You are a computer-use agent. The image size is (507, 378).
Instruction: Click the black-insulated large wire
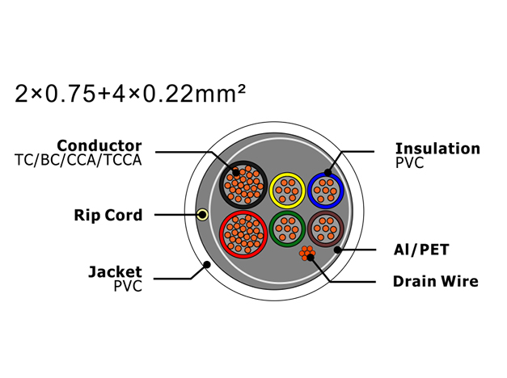coord(243,185)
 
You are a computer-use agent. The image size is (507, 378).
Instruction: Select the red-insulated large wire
coord(243,234)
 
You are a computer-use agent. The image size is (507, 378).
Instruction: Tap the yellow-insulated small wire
coord(287,191)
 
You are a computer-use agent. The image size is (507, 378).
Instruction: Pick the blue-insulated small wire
coord(326,191)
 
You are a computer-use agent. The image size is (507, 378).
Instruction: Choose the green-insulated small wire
coord(287,229)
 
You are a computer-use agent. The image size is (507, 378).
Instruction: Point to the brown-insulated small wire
coord(326,229)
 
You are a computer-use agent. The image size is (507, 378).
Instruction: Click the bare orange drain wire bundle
coord(306,254)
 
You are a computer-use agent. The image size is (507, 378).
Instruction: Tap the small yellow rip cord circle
coord(203,214)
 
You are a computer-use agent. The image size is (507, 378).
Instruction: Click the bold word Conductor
coord(99,145)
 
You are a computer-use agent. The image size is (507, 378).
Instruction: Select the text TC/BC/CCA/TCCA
coord(78,160)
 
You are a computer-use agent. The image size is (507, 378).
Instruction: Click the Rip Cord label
coord(108,215)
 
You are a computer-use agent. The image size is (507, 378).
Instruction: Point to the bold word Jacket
coord(115,272)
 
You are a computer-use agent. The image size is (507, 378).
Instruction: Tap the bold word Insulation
coord(437,149)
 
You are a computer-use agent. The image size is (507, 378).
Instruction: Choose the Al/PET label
coord(421,250)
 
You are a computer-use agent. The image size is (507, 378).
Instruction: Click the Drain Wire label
coord(436,281)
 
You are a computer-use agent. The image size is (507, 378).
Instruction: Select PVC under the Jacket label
coord(128,286)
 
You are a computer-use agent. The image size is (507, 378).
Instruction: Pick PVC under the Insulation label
coord(410,163)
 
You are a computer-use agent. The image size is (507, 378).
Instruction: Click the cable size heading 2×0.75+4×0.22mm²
coord(130,94)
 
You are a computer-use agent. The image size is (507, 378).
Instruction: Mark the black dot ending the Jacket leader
coord(207,265)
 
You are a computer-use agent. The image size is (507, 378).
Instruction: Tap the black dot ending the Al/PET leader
coord(337,250)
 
